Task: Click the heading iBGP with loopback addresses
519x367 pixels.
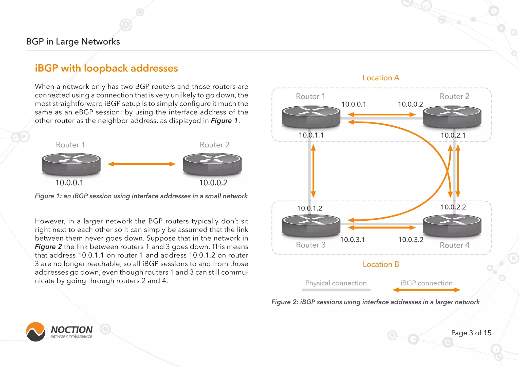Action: [106, 68]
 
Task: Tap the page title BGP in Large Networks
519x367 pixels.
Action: [73, 42]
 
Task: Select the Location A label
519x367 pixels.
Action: [381, 78]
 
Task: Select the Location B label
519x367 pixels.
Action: [381, 264]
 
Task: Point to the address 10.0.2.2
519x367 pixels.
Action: [453, 207]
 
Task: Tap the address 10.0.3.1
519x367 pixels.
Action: [352, 240]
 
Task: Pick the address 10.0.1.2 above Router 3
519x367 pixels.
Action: [309, 208]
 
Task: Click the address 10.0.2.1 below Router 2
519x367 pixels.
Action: [453, 135]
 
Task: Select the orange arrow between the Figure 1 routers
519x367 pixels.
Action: [141, 164]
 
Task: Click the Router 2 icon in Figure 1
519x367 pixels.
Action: [212, 164]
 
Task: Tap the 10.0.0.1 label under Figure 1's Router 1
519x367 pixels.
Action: [69, 183]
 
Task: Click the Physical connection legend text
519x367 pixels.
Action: [336, 283]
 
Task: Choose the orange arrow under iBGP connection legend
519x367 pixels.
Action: [426, 290]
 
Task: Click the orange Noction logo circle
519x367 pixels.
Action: [36, 332]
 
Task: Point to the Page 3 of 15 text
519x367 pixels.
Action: [471, 333]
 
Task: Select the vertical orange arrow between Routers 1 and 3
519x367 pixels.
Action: [313, 171]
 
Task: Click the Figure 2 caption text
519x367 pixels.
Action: [375, 302]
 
